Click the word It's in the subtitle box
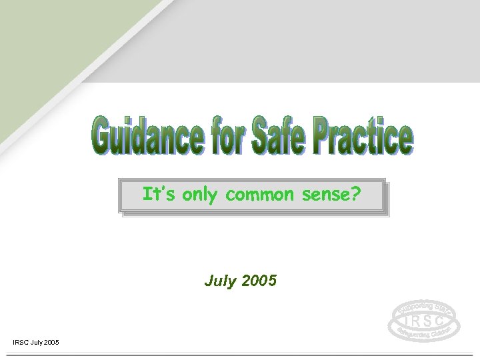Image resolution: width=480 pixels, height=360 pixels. tap(157, 195)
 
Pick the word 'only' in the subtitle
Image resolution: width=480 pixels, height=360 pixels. tap(201, 195)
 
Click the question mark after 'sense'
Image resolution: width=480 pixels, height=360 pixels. tap(357, 195)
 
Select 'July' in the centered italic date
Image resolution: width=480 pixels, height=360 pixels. tap(220, 281)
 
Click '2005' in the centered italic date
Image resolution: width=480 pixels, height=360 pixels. tap(257, 281)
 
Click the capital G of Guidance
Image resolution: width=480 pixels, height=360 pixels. tap(104, 137)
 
